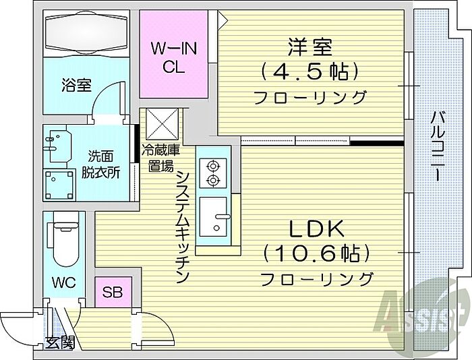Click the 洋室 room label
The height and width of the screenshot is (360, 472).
(x=311, y=48)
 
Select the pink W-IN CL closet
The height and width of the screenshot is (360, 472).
(x=173, y=57)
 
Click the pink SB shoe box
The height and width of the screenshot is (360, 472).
(x=113, y=292)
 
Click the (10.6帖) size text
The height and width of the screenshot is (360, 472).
(x=316, y=254)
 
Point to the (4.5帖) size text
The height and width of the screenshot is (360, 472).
(x=311, y=71)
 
